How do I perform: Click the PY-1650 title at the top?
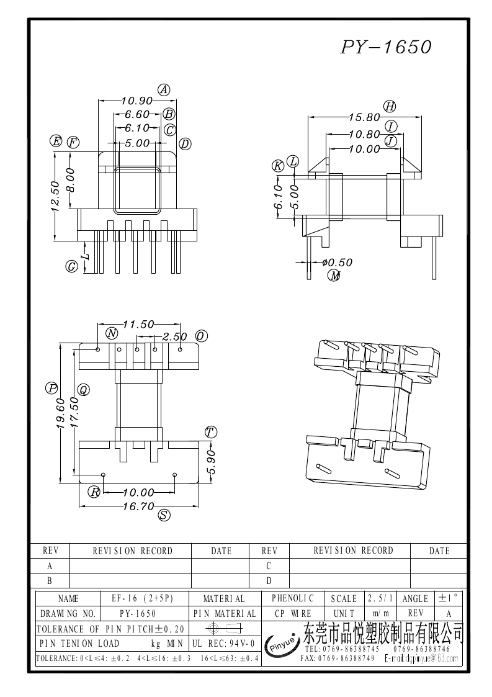[386, 47]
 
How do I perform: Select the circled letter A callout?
[164, 89]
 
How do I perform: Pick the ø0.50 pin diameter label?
[337, 263]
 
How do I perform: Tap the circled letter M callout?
[334, 276]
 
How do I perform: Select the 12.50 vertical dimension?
[54, 196]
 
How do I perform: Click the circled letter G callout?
[72, 266]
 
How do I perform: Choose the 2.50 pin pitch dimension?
[174, 336]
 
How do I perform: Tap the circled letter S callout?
[164, 515]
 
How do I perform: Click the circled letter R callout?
[94, 492]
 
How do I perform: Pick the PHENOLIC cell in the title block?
[293, 598]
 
